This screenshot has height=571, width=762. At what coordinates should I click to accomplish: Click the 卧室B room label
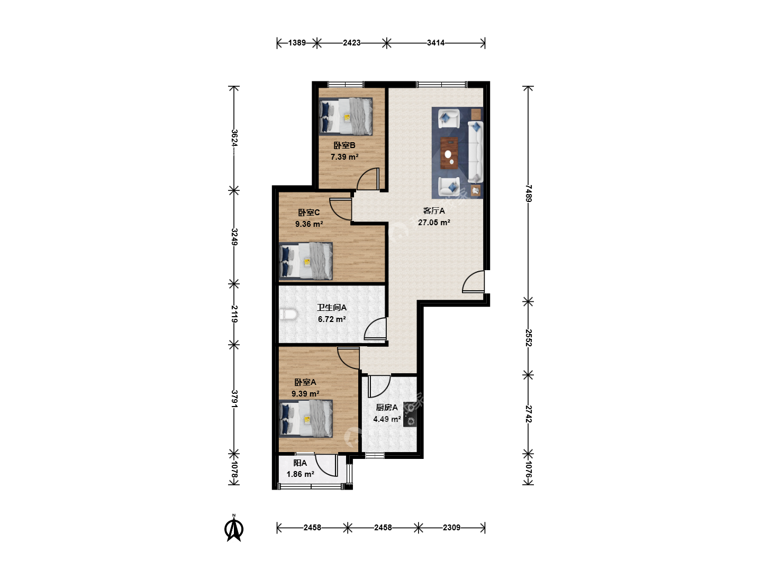click(344, 145)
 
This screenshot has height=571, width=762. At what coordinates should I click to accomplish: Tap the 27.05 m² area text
click(434, 222)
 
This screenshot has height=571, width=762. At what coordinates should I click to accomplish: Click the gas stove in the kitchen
click(410, 415)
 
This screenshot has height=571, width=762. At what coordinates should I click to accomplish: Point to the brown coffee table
click(449, 153)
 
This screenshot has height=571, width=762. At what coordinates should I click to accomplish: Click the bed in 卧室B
click(346, 116)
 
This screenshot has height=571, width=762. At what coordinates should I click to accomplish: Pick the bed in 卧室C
click(306, 261)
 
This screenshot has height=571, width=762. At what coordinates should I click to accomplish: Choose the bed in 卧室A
click(306, 419)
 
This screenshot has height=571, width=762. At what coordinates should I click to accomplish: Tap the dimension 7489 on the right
click(528, 194)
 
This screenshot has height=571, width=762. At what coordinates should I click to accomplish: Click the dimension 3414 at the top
click(436, 43)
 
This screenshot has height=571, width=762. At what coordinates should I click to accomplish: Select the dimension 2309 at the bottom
click(451, 527)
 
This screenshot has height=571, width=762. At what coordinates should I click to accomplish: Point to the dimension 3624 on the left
click(234, 137)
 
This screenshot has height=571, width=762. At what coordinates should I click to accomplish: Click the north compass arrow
click(234, 528)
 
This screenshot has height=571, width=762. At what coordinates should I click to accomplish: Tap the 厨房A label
click(387, 407)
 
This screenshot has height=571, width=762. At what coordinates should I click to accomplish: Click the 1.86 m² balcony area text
click(300, 474)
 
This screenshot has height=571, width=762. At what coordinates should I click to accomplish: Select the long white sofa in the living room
click(476, 152)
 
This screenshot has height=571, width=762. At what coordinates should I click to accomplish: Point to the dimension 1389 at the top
click(297, 43)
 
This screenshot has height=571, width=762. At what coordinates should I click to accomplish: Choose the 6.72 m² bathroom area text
click(332, 319)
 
